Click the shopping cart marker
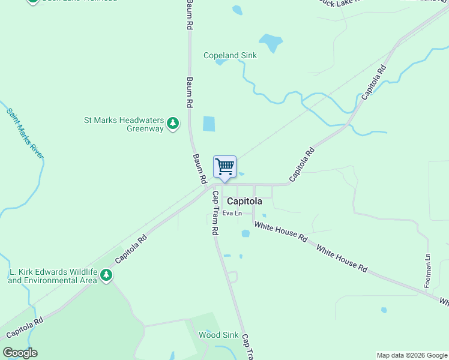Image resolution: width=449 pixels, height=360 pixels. pyautogui.click(x=224, y=167)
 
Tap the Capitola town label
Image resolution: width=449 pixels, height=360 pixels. pyautogui.click(x=244, y=202)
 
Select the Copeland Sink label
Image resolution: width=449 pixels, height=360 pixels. pyautogui.click(x=230, y=55)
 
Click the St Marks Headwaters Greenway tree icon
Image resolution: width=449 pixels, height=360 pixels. pyautogui.click(x=173, y=123)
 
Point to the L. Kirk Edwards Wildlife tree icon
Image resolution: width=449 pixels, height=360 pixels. pyautogui.click(x=106, y=275)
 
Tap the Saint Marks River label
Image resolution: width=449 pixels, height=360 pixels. pyautogui.click(x=25, y=133)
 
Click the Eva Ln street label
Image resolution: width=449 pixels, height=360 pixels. pyautogui.click(x=232, y=213)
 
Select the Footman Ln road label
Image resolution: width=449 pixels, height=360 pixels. pyautogui.click(x=427, y=271)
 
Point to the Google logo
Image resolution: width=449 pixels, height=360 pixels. pyautogui.click(x=20, y=353)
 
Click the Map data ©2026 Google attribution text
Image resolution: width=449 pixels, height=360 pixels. pyautogui.click(x=411, y=355)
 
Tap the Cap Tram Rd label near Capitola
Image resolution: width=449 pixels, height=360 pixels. pyautogui.click(x=214, y=213)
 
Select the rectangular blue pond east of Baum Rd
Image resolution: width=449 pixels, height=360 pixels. pyautogui.click(x=208, y=124)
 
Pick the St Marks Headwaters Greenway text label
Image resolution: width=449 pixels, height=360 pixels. pyautogui.click(x=124, y=124)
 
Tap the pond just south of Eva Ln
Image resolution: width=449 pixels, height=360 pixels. pyautogui.click(x=245, y=233)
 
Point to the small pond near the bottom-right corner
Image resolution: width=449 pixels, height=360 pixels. pyautogui.click(x=384, y=310)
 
